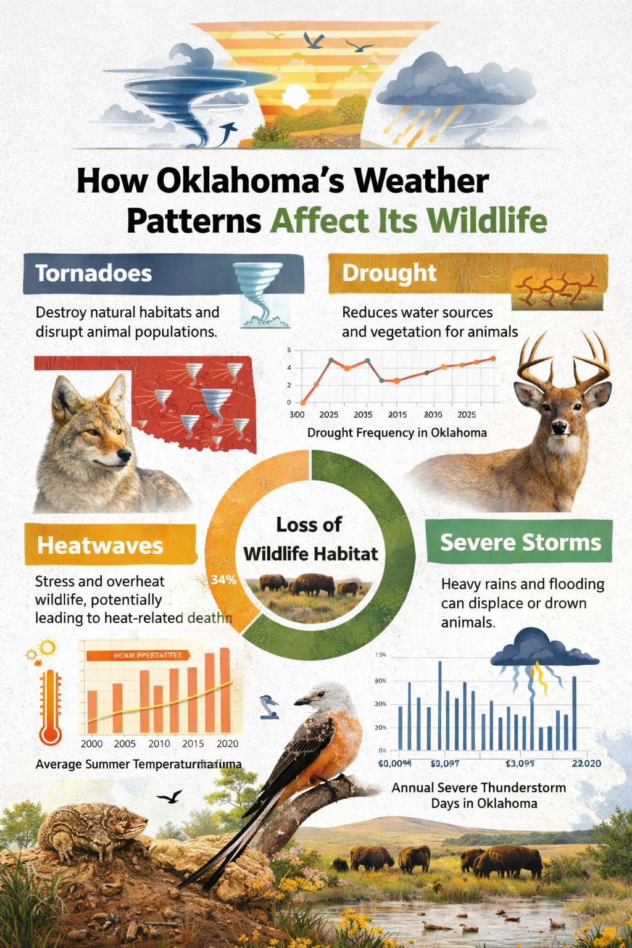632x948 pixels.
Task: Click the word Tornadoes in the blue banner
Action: (x=93, y=273)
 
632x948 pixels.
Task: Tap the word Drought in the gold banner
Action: (x=389, y=273)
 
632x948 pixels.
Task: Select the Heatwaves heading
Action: (x=100, y=546)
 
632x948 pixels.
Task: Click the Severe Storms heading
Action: (x=520, y=543)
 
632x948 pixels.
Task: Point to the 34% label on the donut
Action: (x=223, y=580)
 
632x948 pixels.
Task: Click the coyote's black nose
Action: (x=125, y=455)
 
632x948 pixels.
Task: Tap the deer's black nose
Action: (x=559, y=426)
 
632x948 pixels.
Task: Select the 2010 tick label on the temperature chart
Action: (x=159, y=744)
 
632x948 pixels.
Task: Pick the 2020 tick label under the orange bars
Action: (x=228, y=744)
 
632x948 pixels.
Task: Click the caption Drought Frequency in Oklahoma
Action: (x=397, y=433)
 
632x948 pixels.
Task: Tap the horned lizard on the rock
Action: (x=93, y=827)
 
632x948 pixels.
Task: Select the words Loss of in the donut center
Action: (x=309, y=525)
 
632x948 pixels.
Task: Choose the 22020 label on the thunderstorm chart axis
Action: (x=586, y=763)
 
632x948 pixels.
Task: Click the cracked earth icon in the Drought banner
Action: (x=555, y=289)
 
